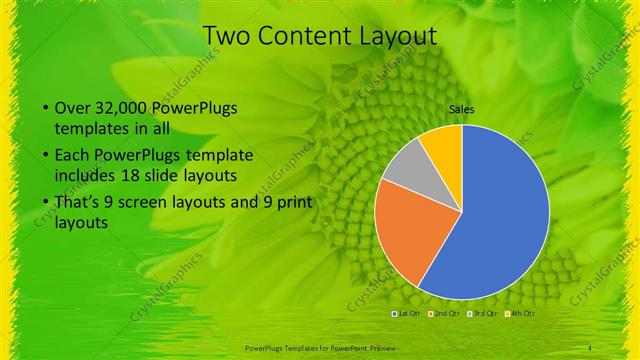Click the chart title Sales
461,110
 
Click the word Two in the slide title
224,36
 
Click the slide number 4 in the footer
590,347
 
